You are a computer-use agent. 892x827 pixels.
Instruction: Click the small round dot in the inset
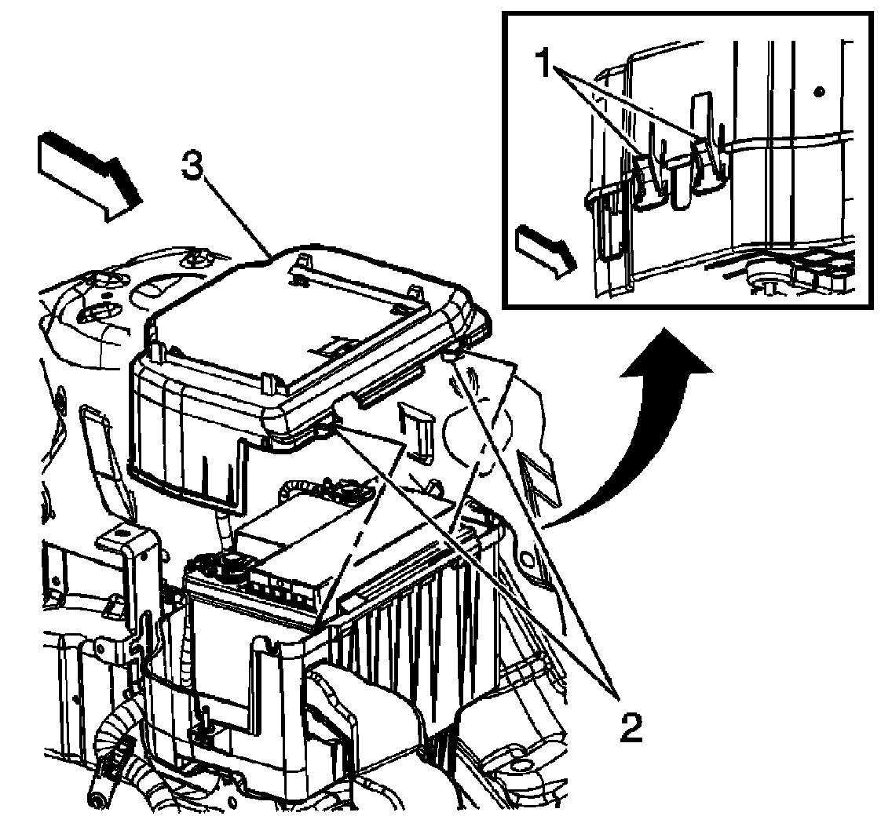pos(818,92)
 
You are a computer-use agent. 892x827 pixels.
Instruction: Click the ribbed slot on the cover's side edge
pos(385,384)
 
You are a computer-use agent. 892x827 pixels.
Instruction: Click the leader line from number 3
pos(236,215)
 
